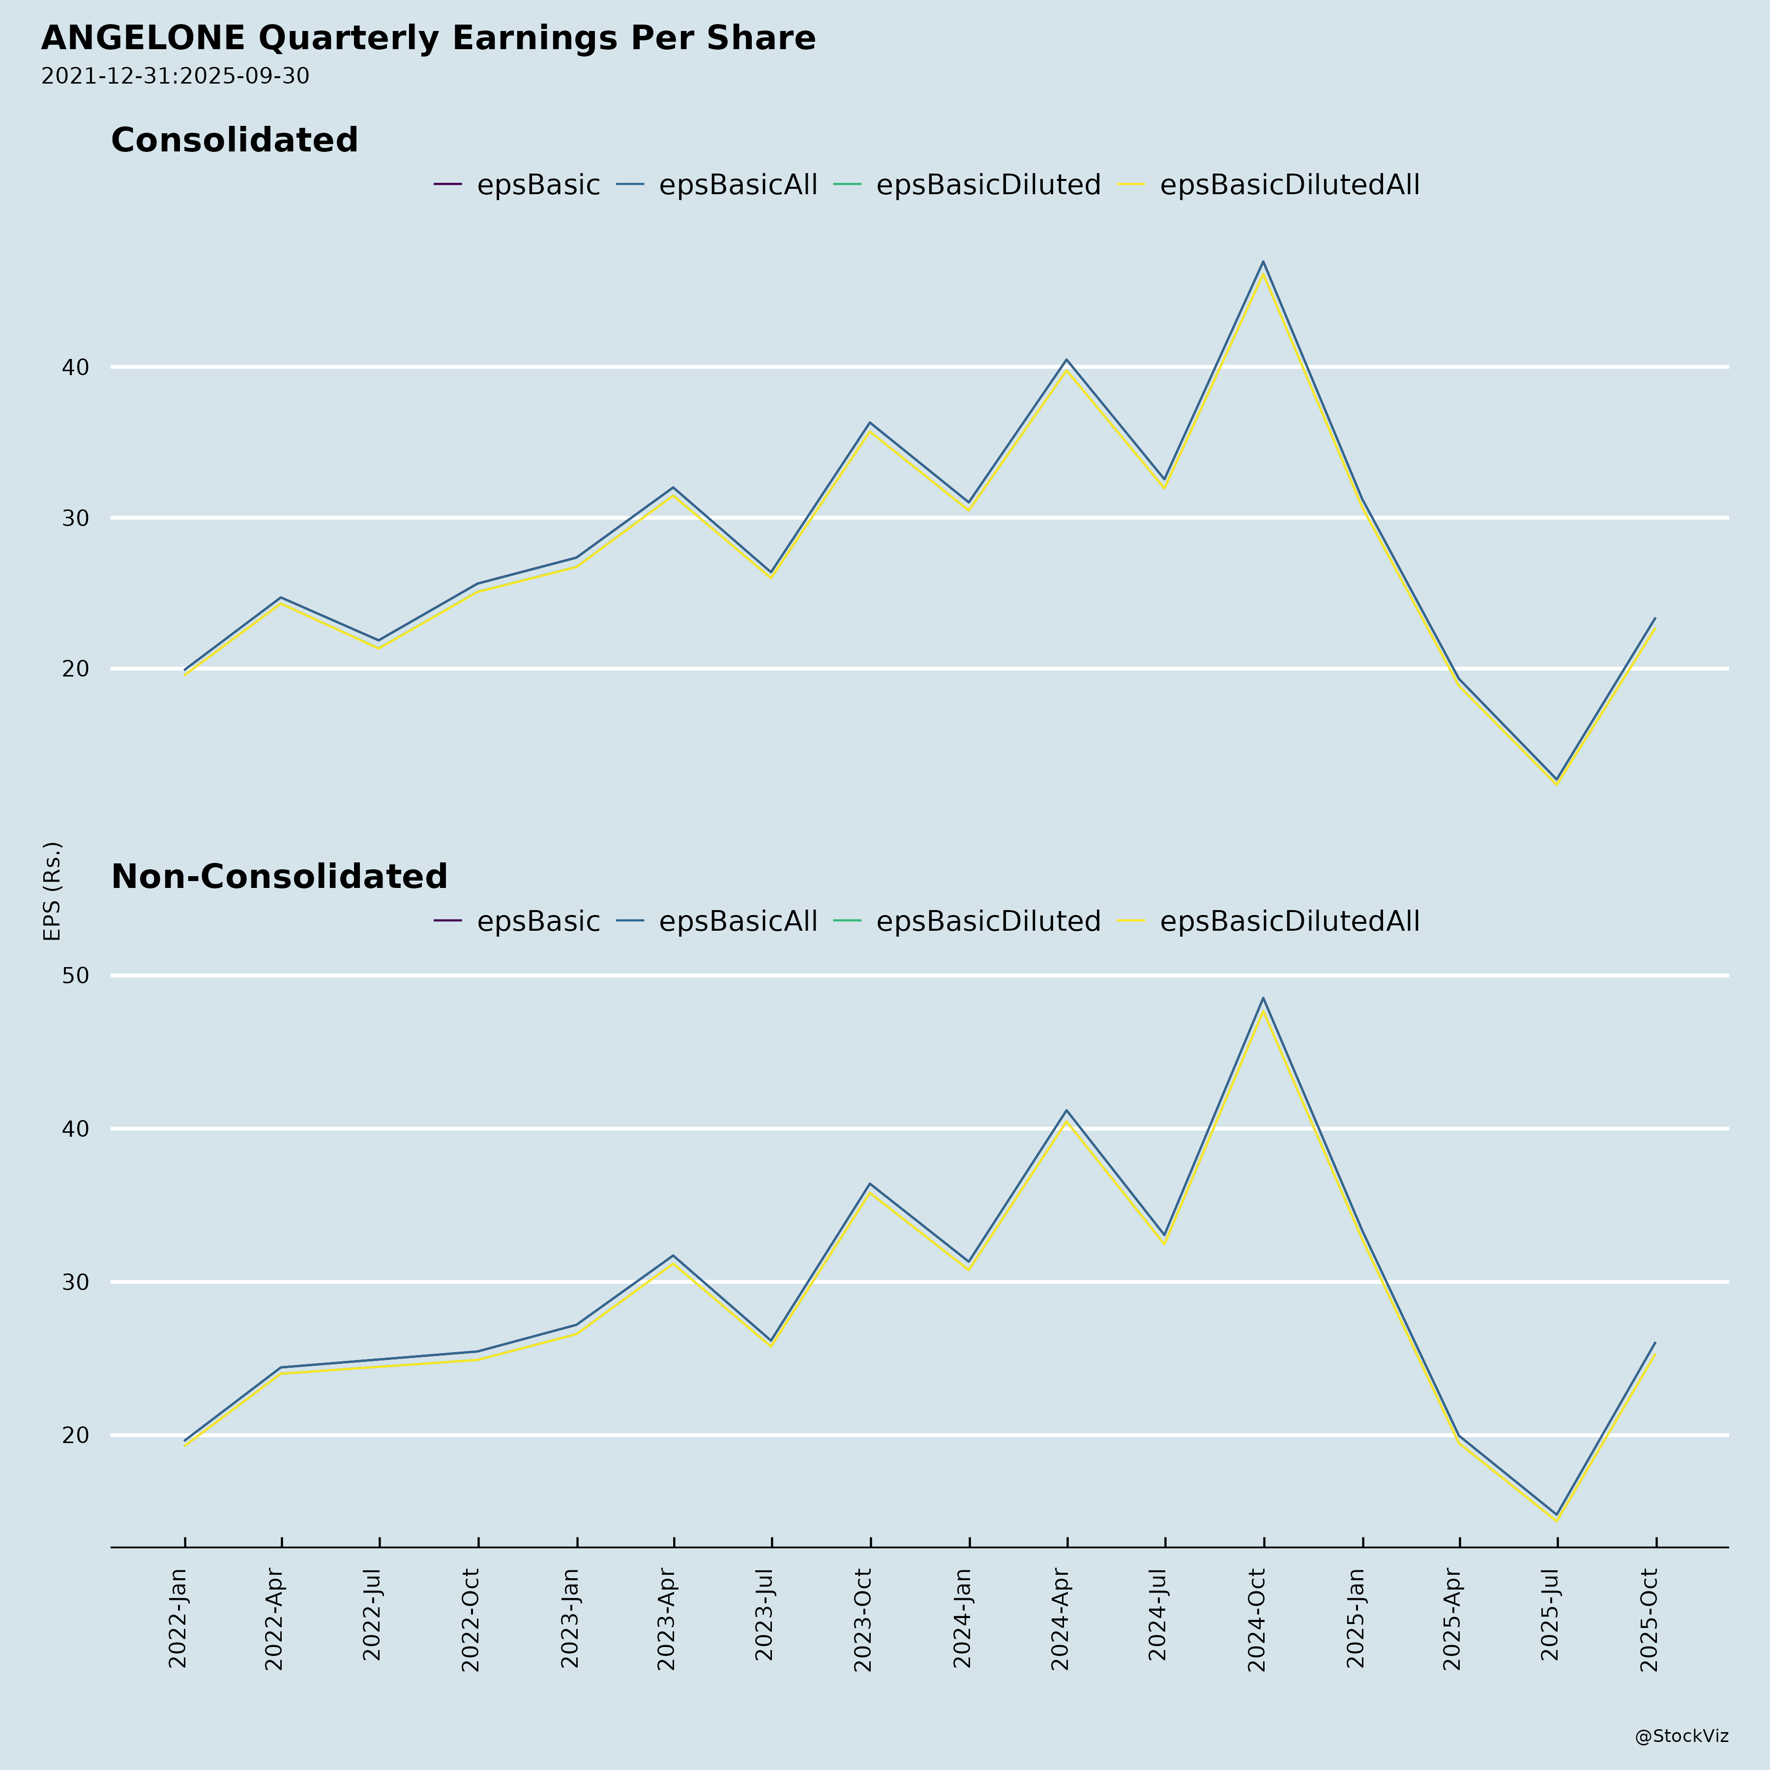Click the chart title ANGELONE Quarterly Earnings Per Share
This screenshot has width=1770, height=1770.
428,38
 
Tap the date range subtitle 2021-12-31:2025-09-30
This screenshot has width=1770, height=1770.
175,76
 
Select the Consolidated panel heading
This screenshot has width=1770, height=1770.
235,140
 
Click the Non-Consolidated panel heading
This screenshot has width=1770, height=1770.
279,877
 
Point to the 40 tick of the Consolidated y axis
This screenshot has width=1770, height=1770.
76,367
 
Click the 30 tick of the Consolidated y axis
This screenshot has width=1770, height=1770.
76,519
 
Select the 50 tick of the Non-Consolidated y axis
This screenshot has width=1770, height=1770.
76,975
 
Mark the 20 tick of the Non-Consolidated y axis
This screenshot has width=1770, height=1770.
76,1435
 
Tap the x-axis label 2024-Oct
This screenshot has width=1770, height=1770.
1256,1620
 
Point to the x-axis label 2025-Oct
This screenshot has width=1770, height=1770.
1648,1620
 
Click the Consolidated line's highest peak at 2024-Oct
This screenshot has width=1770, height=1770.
1264,263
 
